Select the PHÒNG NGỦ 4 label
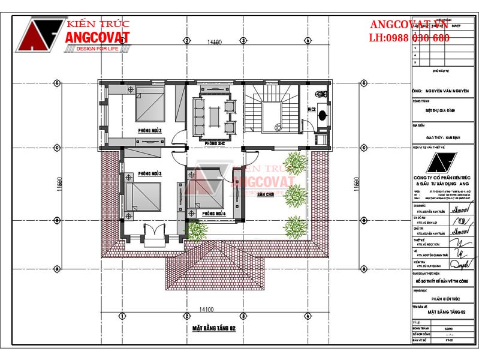213,214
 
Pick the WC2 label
312,110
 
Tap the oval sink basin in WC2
323,115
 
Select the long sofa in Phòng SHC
199,113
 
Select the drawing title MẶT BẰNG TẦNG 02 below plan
215,328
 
